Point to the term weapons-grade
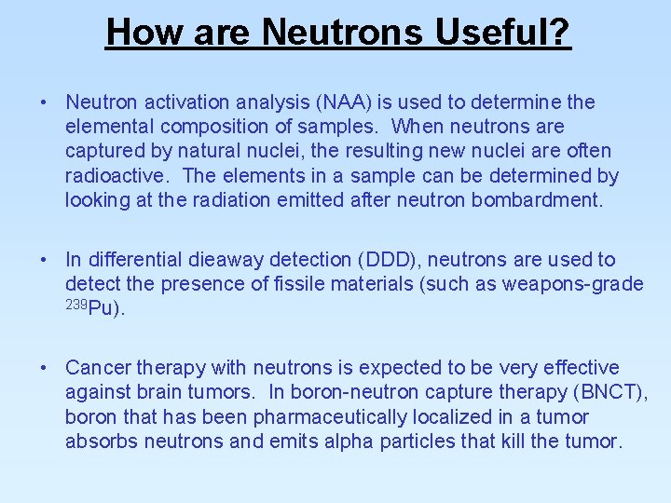[572, 283]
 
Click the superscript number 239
[75, 304]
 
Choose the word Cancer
[99, 368]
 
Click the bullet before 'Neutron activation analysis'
[45, 102]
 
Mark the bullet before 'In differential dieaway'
[45, 259]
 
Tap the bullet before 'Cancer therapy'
[45, 368]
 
